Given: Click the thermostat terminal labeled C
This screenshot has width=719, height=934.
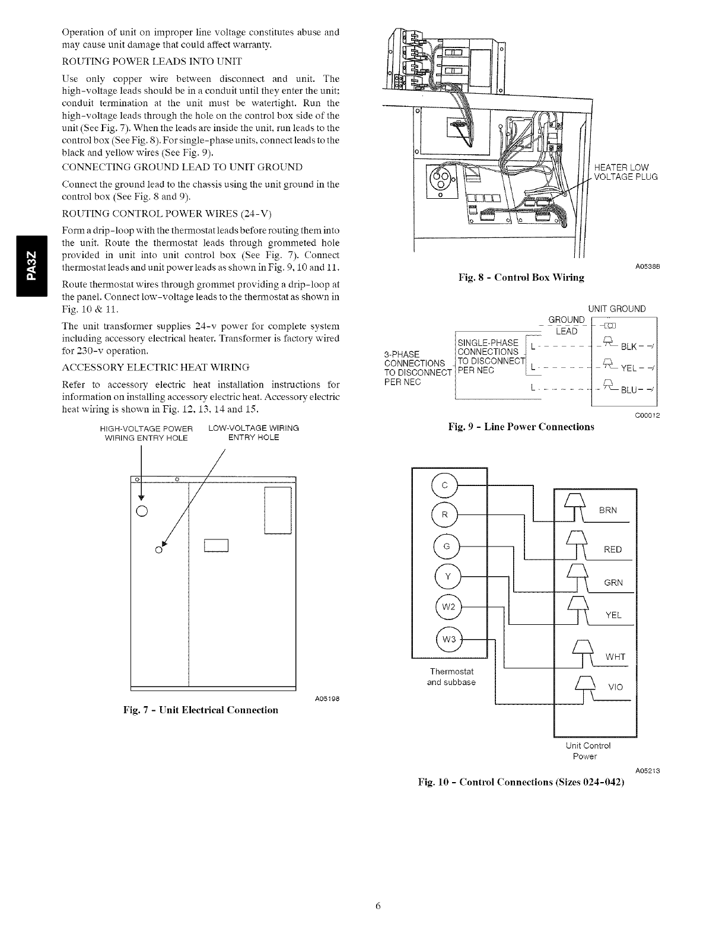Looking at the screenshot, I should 446,485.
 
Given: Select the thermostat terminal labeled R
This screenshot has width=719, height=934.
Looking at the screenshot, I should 446,514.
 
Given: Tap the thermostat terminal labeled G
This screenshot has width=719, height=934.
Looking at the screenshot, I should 446,547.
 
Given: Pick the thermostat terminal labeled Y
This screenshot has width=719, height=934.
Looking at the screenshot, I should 447,576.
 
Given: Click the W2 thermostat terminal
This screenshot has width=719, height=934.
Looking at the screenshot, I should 448,607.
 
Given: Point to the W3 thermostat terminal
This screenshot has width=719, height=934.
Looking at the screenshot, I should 448,639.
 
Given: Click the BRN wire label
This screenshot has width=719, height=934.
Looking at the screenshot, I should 607,510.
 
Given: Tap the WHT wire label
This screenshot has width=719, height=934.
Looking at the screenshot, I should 615,657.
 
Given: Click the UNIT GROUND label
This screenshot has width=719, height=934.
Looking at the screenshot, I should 616,309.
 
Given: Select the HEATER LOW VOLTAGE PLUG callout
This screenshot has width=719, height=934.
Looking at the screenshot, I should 625,172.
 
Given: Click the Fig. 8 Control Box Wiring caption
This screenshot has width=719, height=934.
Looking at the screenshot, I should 521,277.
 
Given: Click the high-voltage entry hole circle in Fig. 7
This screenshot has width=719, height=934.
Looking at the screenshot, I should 142,510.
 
